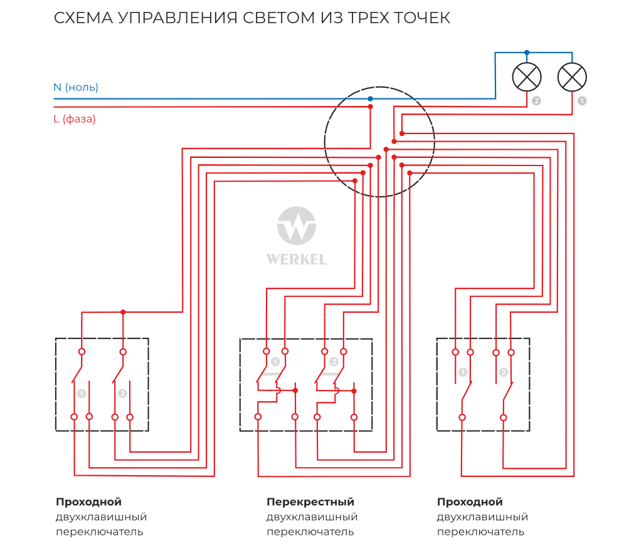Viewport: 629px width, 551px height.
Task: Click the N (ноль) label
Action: pos(76,87)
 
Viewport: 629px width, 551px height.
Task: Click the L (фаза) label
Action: pos(75,119)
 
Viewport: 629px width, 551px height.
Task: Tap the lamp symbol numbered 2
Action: pos(527,77)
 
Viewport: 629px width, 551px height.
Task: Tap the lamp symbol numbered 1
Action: pos(572,77)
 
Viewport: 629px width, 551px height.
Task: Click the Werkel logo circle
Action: pos(297,226)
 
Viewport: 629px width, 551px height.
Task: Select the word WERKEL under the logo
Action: pos(297,259)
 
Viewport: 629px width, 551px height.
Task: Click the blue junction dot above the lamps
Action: pos(527,52)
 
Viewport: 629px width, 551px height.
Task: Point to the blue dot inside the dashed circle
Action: pos(370,98)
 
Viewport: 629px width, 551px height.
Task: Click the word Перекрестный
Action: pos(310,502)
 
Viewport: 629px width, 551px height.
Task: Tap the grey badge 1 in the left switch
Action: pos(81,394)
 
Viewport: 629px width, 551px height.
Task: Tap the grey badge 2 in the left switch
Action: pos(122,394)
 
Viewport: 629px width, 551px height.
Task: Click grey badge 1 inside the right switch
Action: pos(463,372)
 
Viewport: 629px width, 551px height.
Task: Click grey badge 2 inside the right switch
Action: pos(504,372)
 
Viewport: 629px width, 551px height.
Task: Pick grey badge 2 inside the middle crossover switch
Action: pos(334,362)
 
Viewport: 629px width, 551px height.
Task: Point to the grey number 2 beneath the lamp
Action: pos(536,100)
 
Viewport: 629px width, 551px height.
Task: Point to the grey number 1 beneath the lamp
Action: pos(582,100)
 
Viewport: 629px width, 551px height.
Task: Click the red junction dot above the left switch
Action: pos(123,312)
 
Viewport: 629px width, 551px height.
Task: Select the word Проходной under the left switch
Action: pos(88,502)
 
